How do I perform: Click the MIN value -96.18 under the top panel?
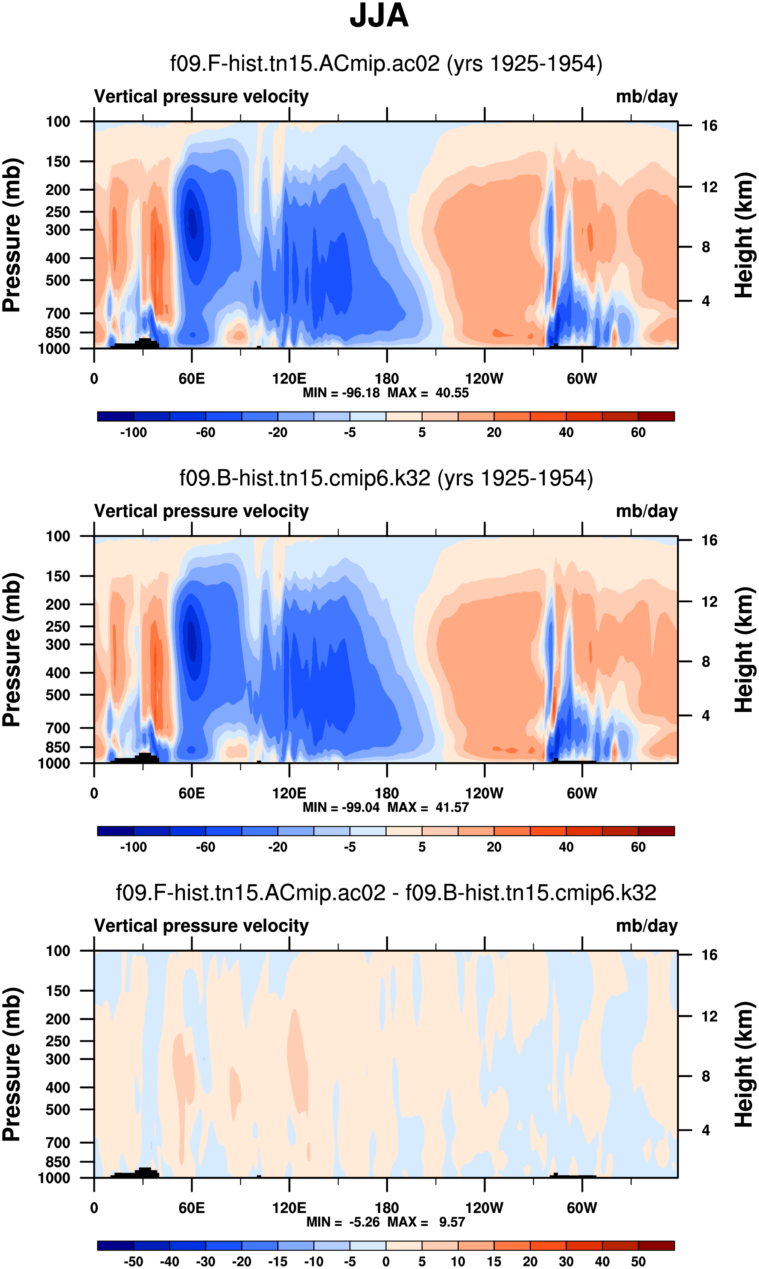[x=361, y=392]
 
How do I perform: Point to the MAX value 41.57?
[x=452, y=807]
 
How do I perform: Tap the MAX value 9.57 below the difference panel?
[x=452, y=1222]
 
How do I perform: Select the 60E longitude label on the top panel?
[x=192, y=379]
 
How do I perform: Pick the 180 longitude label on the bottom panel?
[x=387, y=1208]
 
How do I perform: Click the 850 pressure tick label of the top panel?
[x=58, y=333]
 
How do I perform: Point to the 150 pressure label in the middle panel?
[x=58, y=576]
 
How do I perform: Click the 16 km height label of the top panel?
[x=709, y=126]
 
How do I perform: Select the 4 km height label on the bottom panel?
[x=706, y=1130]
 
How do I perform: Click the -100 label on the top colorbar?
[x=134, y=433]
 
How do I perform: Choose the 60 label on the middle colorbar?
[x=638, y=847]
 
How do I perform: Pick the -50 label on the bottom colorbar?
[x=134, y=1261]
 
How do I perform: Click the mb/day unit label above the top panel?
[x=646, y=96]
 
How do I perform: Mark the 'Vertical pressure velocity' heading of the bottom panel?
[x=201, y=926]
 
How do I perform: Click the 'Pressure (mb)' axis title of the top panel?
[x=11, y=235]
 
